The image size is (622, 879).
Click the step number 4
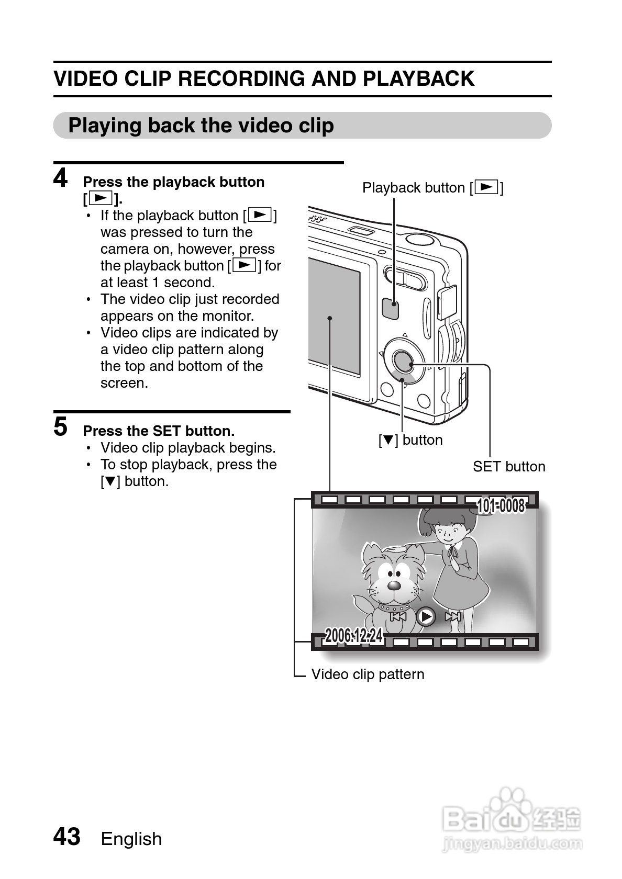61,178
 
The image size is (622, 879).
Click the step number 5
61,426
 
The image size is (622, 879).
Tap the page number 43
67,837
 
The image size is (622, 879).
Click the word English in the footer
131,839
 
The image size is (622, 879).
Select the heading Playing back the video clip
201,126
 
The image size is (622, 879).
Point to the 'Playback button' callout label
432,187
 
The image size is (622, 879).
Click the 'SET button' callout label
509,466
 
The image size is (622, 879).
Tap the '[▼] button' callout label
410,440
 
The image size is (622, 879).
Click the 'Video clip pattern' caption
368,674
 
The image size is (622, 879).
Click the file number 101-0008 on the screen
501,506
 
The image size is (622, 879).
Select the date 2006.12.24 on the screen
354,636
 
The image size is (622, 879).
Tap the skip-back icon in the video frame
398,616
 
